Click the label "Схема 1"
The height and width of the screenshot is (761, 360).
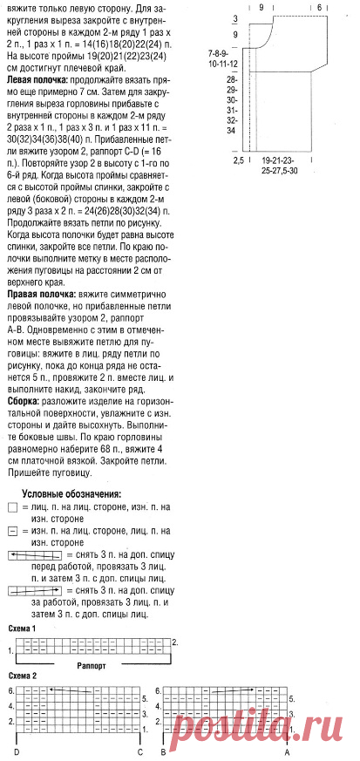point(22,628)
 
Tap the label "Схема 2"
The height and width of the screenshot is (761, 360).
point(22,676)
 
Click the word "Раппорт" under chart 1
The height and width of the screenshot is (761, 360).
point(92,664)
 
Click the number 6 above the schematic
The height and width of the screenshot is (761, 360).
point(319,6)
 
